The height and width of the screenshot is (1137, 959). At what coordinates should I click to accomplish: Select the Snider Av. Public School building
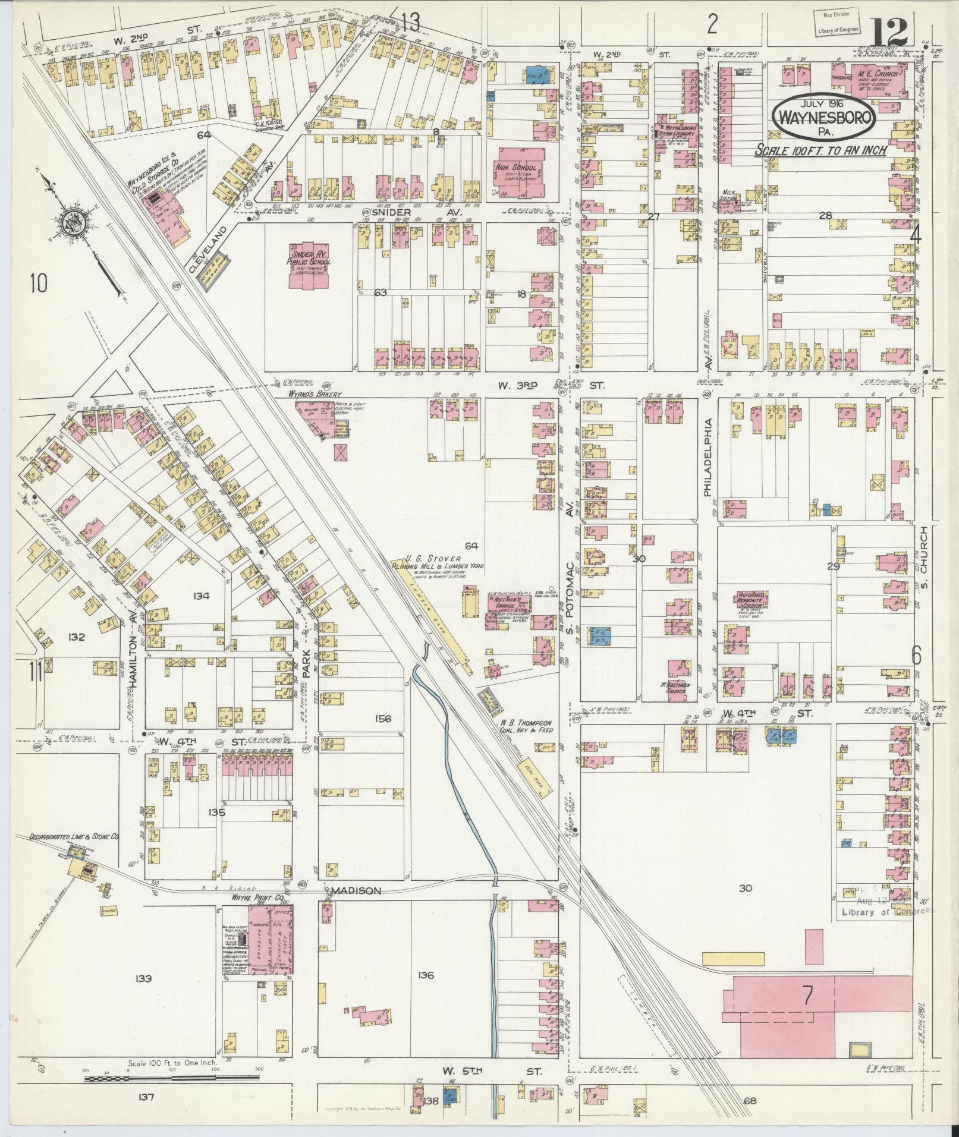[309, 265]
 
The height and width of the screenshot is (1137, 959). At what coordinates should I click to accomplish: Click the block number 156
[383, 719]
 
